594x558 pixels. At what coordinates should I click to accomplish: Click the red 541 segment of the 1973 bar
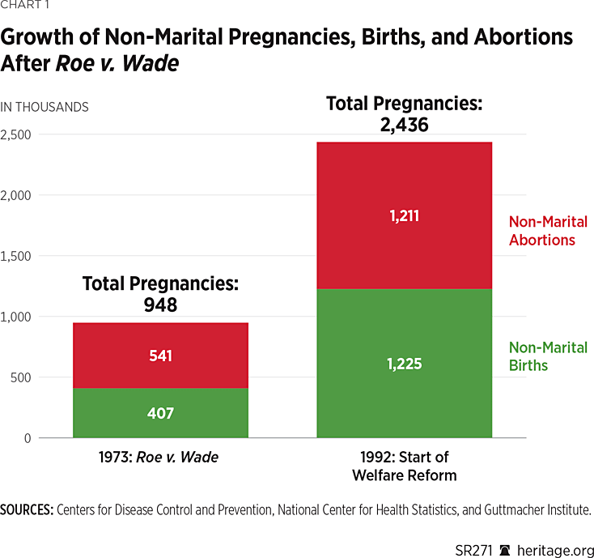coord(160,356)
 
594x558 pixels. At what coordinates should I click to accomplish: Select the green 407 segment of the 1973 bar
coord(160,413)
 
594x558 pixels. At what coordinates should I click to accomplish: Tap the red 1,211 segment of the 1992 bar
coord(404,216)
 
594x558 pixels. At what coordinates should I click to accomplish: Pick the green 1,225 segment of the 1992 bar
coord(404,364)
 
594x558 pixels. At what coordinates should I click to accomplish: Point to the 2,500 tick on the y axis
coord(16,134)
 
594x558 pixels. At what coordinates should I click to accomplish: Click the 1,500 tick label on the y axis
coord(16,256)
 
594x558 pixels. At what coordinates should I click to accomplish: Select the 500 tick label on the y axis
coord(22,377)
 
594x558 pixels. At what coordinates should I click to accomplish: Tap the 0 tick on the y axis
coord(27,438)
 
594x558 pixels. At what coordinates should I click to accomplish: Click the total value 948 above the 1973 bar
coord(160,305)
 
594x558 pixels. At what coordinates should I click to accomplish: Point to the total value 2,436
coord(404,125)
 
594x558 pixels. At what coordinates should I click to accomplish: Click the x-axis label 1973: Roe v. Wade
coord(160,457)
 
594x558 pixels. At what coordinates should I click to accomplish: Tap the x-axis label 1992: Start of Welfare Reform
coord(404,466)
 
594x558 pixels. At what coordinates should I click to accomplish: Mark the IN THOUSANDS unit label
coord(45,107)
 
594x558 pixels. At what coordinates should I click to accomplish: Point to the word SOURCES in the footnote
coord(27,510)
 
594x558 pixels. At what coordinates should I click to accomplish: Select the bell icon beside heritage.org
coord(505,541)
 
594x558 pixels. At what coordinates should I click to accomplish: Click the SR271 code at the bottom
coord(474,541)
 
